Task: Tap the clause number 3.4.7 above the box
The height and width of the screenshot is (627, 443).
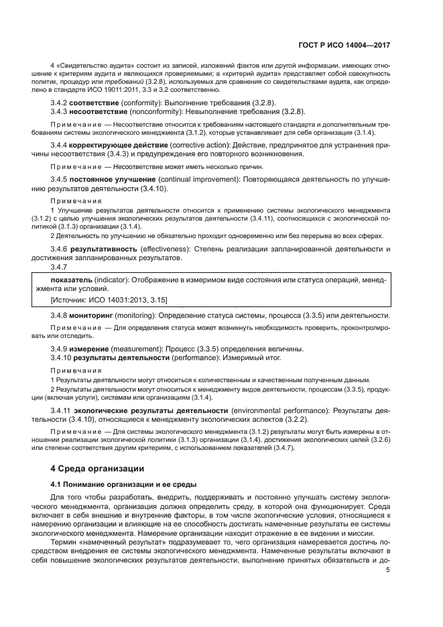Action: (61, 266)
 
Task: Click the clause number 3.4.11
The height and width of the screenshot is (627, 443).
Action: (62, 410)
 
